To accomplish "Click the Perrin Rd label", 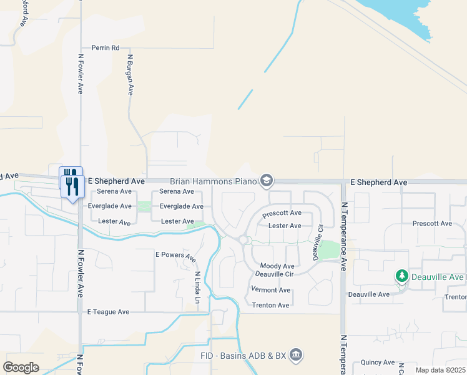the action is (x=105, y=47).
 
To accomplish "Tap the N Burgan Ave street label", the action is (x=131, y=74).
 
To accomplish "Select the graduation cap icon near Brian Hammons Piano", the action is (x=267, y=181).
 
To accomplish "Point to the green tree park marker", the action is (x=403, y=276).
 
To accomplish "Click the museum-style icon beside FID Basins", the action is (x=296, y=356).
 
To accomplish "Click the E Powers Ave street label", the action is (x=176, y=256).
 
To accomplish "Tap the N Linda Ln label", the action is (x=197, y=287).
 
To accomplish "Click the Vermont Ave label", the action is (x=270, y=290).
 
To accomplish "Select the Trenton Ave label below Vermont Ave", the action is (x=270, y=305).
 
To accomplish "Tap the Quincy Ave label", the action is (x=378, y=362).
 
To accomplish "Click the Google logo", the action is (x=21, y=367).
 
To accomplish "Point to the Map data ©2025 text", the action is (x=440, y=370).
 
